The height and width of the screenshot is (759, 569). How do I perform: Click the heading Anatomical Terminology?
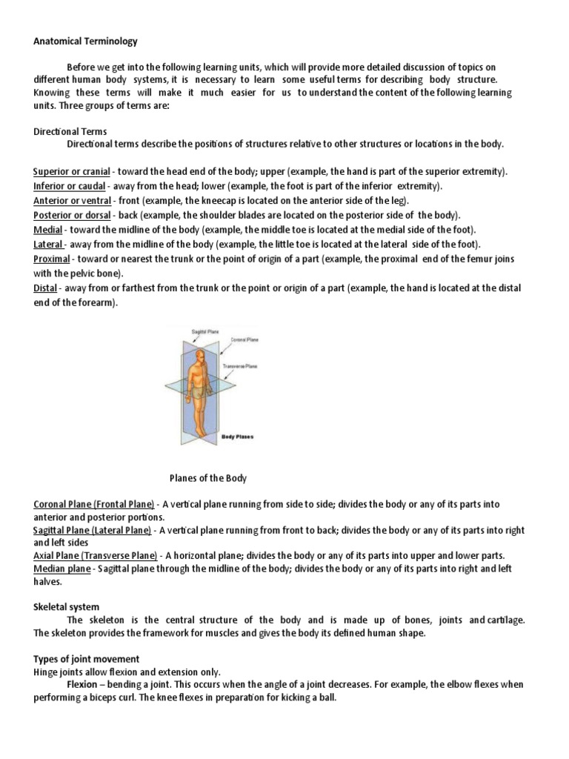pos(85,42)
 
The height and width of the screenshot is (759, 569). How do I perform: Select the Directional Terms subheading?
pos(70,131)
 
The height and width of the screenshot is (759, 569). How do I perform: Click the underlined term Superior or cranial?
pos(72,171)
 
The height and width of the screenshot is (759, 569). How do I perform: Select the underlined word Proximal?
pos(52,259)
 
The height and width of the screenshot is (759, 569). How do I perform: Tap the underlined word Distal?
pos(45,288)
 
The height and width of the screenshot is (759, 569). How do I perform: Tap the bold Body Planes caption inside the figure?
pos(237,437)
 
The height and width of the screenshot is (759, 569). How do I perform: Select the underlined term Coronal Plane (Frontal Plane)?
pos(93,504)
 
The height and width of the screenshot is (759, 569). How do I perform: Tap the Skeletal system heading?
pos(67,607)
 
